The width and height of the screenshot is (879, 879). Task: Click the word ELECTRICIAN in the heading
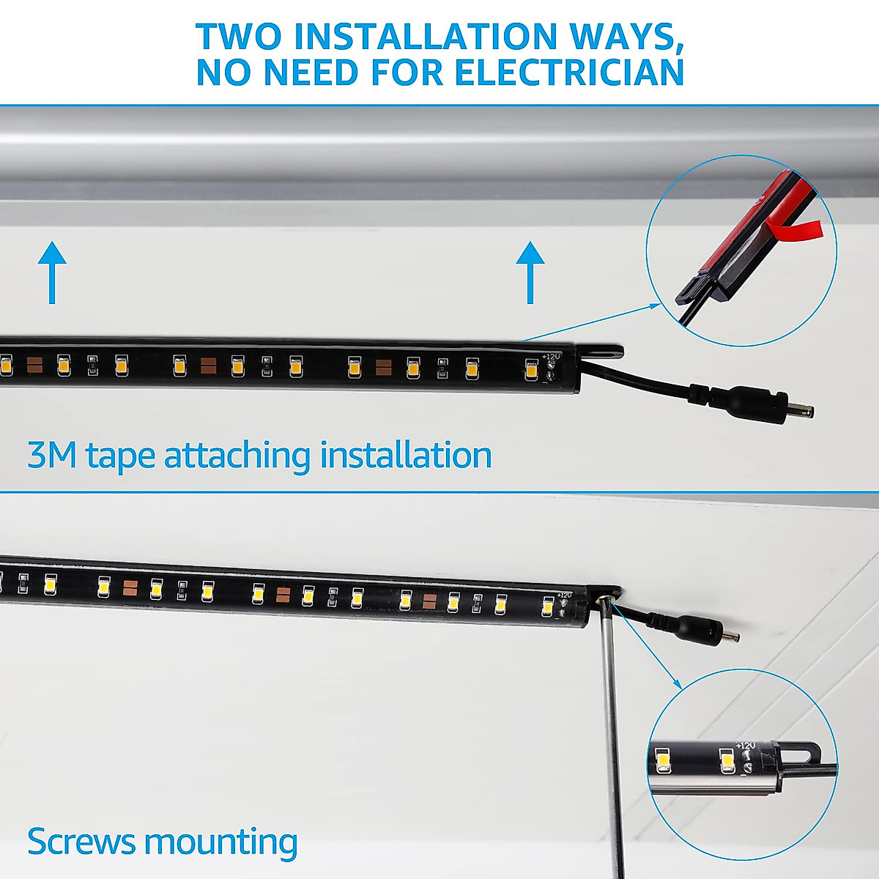click(x=569, y=73)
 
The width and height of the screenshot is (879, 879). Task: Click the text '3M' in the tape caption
click(x=51, y=456)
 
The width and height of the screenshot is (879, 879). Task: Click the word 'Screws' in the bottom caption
click(x=81, y=842)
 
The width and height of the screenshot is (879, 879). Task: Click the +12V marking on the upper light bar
click(x=551, y=357)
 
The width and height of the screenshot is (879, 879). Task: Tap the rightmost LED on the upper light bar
click(x=531, y=370)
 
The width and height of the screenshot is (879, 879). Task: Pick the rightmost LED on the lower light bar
click(x=547, y=607)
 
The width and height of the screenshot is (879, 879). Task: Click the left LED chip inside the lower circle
click(x=663, y=760)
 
